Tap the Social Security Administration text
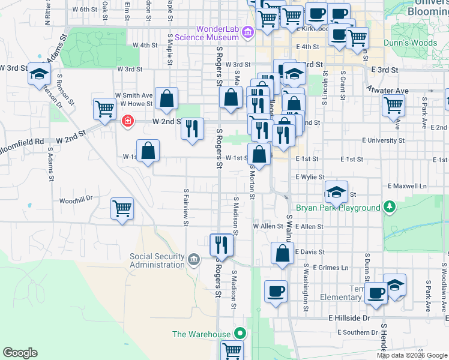[157, 260]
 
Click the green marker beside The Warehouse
[240, 334]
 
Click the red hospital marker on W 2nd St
[127, 121]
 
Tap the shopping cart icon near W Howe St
[104, 109]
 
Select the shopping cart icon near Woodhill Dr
[122, 209]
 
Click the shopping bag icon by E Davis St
[282, 253]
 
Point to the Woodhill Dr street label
[76, 199]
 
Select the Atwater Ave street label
[388, 91]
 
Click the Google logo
[20, 352]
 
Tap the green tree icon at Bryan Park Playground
[390, 207]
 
